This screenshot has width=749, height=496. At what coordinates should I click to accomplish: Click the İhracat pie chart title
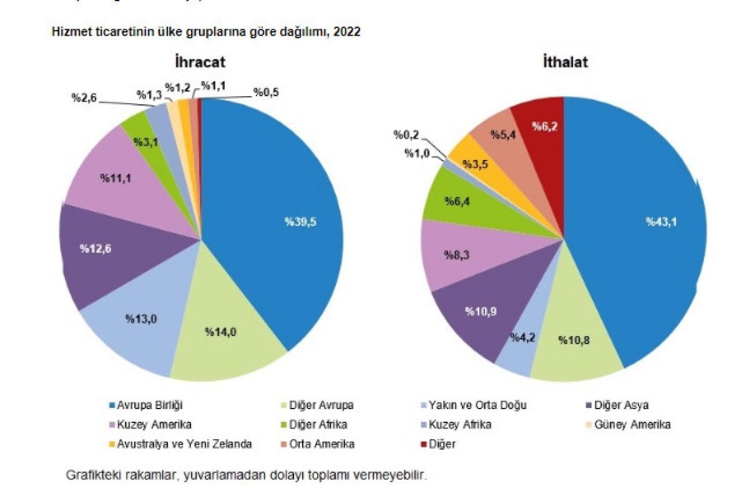(x=200, y=62)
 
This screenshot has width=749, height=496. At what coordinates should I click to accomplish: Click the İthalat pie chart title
(x=565, y=62)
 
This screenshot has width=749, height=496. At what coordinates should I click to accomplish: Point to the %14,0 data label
(x=222, y=332)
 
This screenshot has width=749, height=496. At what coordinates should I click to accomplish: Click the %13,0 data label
(x=141, y=319)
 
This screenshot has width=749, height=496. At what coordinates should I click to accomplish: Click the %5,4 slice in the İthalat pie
(x=497, y=134)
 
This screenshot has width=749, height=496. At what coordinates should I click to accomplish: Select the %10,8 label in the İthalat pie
(x=574, y=340)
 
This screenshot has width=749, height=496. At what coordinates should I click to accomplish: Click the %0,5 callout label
(x=266, y=92)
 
